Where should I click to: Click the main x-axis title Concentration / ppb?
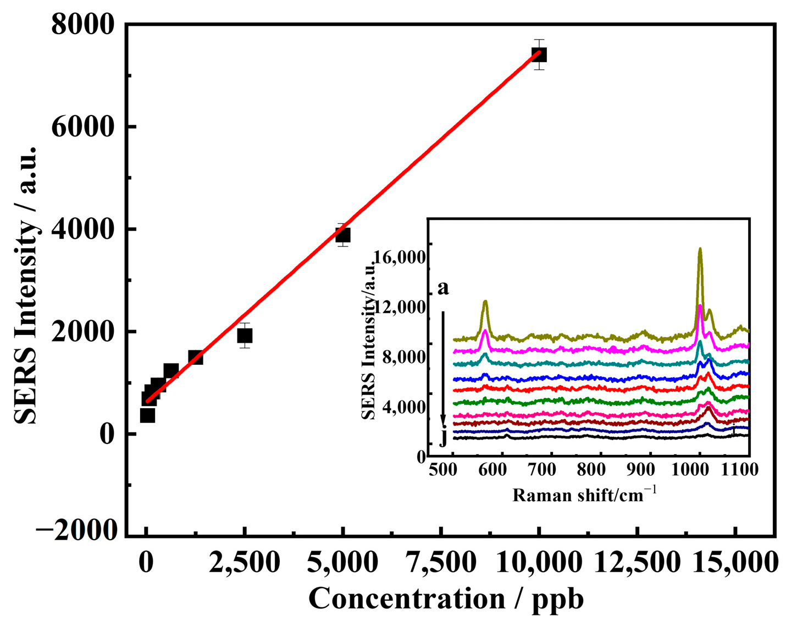pyautogui.click(x=446, y=598)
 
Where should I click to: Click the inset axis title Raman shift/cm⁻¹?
pyautogui.click(x=584, y=495)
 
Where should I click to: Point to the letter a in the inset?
pyautogui.click(x=443, y=287)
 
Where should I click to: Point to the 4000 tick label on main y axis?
pyautogui.click(x=84, y=229)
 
